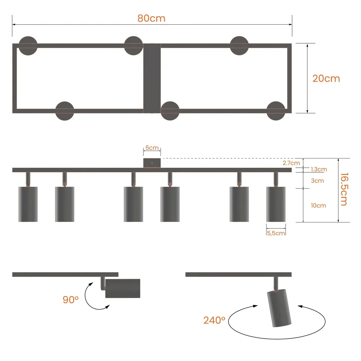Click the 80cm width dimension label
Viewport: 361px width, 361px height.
(x=151, y=18)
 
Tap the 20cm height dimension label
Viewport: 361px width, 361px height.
(x=326, y=78)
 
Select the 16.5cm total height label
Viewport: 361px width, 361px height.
(x=344, y=189)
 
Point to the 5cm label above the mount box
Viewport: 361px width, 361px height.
(x=152, y=148)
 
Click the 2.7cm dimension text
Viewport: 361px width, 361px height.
(x=291, y=163)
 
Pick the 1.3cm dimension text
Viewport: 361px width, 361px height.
(x=319, y=169)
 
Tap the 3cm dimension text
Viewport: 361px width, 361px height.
(x=317, y=181)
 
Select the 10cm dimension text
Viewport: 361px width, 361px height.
(x=318, y=205)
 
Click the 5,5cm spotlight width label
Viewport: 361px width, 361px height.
(x=276, y=233)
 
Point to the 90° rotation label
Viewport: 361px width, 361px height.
(x=71, y=299)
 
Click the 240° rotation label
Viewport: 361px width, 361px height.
(x=214, y=320)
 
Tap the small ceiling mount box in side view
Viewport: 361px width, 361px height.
(x=152, y=163)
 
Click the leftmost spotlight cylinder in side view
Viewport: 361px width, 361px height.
(x=28, y=204)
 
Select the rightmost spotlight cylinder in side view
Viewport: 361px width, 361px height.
(x=276, y=204)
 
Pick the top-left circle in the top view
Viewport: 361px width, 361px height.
(x=28, y=46)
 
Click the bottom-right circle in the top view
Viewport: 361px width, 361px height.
(x=276, y=111)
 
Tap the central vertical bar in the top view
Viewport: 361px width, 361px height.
(x=152, y=78)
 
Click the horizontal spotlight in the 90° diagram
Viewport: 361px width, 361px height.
(x=123, y=288)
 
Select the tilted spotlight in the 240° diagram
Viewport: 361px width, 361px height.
(x=279, y=308)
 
